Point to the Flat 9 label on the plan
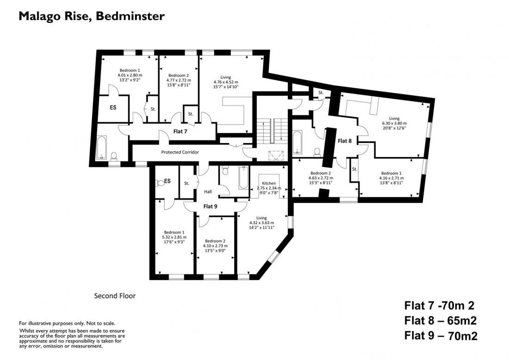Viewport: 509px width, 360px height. pos(210,206)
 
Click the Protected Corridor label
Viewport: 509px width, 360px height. pos(180,152)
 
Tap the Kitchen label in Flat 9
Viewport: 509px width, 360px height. pos(269,183)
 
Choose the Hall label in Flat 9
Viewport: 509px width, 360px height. pos(208,191)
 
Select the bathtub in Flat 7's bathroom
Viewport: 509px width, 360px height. pos(102,147)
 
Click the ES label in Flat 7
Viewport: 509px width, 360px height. pos(113,107)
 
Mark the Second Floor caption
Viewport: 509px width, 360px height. pos(115,296)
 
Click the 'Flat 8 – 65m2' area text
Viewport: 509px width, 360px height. pos(441,320)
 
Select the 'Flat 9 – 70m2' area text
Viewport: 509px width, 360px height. pos(441,335)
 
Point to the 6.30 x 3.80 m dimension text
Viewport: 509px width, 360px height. pos(394,124)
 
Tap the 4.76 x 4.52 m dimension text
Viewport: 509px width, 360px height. pos(226,82)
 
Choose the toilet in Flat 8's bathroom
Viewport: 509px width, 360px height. pos(317,151)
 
